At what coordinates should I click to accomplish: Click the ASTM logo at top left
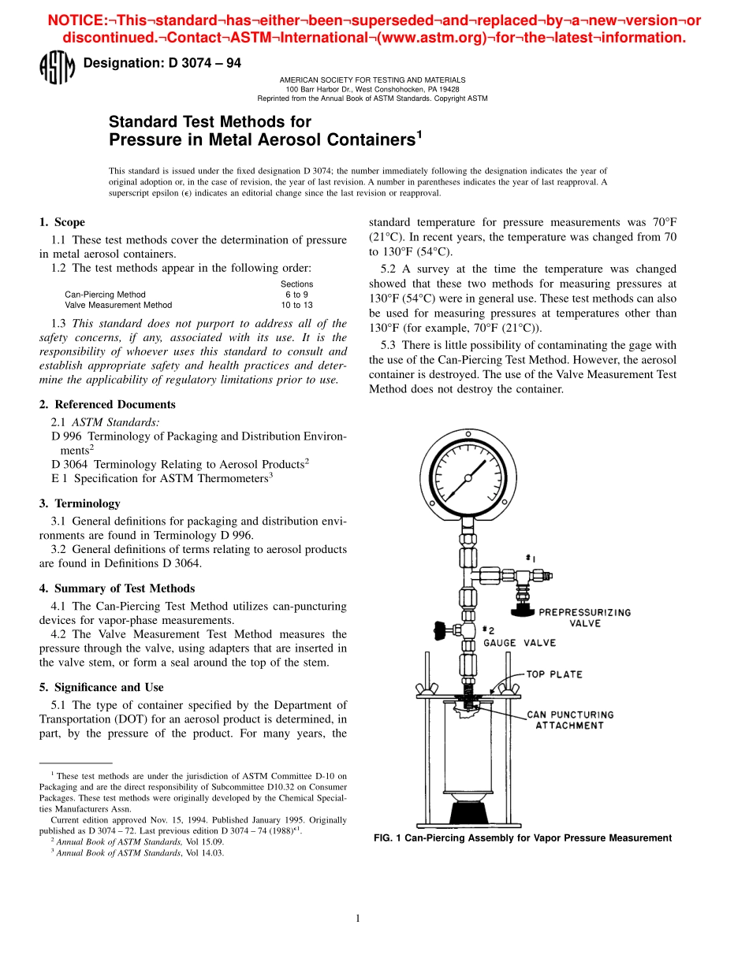tap(57, 69)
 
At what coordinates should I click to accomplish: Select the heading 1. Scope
tap(62, 222)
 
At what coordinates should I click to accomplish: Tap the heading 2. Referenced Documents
tap(107, 404)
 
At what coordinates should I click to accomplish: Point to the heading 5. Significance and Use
tap(101, 687)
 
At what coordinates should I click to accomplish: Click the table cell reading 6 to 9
tap(296, 295)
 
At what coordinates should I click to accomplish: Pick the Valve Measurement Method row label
tap(118, 305)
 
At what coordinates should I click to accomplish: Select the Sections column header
tap(296, 284)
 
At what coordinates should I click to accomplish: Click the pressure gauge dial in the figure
tap(468, 477)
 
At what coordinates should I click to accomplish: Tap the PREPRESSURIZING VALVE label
tap(584, 618)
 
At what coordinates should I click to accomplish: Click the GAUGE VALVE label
tap(520, 643)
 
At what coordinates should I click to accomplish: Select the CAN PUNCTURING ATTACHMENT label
tap(570, 720)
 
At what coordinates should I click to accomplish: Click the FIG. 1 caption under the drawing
tap(522, 838)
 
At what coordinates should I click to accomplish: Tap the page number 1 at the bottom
tap(358, 918)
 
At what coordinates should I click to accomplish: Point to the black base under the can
tap(468, 811)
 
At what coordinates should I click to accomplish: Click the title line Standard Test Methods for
tap(210, 122)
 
